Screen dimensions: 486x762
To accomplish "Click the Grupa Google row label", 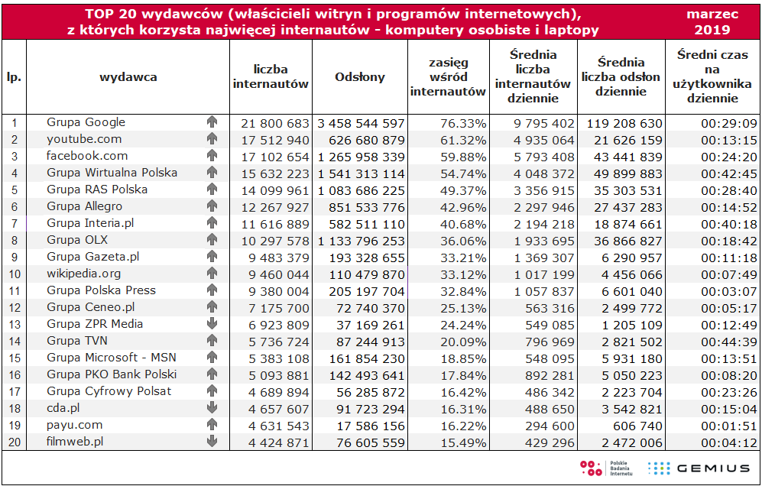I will click(86, 122).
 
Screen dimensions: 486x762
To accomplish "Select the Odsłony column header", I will click(360, 77).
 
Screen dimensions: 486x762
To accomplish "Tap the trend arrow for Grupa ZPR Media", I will click(212, 324).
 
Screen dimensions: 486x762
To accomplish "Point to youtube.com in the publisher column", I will click(84, 139).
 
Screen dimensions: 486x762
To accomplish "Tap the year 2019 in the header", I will click(712, 31).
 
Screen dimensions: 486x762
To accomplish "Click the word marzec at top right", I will click(712, 14).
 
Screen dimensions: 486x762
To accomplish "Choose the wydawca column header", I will click(128, 77).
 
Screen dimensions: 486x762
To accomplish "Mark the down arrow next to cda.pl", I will click(212, 408).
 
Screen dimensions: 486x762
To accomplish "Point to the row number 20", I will click(14, 442).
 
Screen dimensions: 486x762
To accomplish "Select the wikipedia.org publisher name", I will click(84, 274).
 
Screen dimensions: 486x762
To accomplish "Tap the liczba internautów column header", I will click(271, 77).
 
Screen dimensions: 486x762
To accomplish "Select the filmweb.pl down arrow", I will click(212, 442).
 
